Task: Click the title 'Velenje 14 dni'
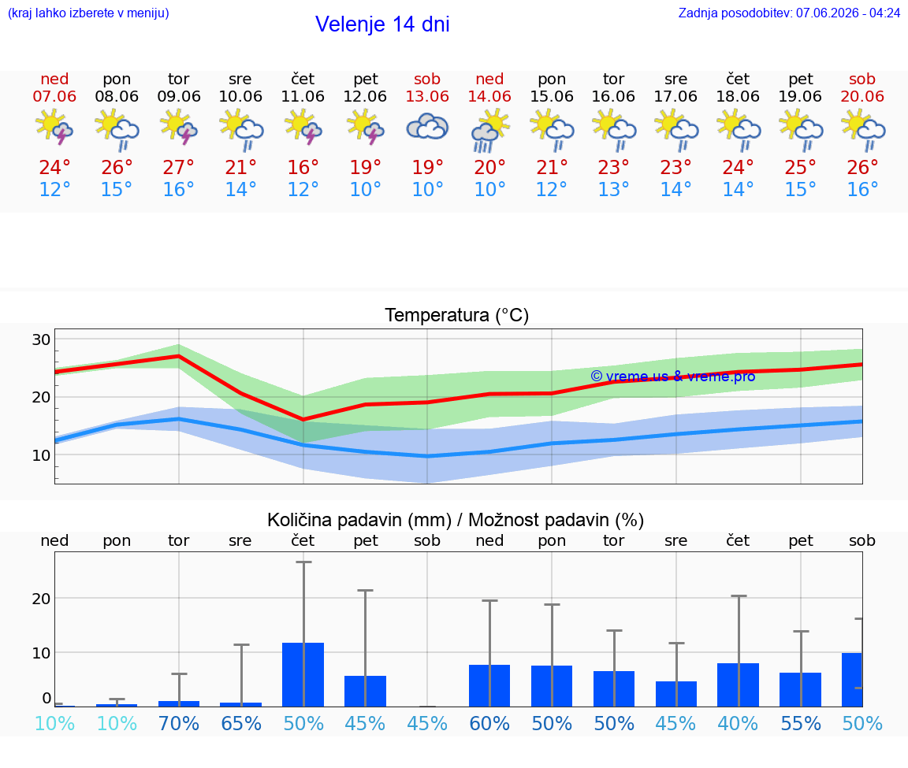[382, 24]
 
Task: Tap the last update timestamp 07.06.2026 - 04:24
[848, 13]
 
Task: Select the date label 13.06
[427, 96]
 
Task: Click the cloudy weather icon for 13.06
[427, 128]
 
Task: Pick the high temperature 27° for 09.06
[178, 167]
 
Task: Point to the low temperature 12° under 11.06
[303, 189]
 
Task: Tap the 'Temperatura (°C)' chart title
[457, 315]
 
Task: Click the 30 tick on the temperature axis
[41, 339]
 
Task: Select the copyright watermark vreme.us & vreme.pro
[673, 377]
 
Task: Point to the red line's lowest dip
[303, 419]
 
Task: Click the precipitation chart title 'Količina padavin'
[359, 520]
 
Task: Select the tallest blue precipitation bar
[303, 674]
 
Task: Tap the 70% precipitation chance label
[178, 723]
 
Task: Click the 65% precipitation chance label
[241, 723]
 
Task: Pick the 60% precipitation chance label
[490, 723]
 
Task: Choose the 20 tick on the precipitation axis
[41, 599]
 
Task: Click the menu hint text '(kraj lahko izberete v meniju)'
[88, 13]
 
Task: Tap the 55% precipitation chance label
[801, 723]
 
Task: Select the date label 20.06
[862, 96]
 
